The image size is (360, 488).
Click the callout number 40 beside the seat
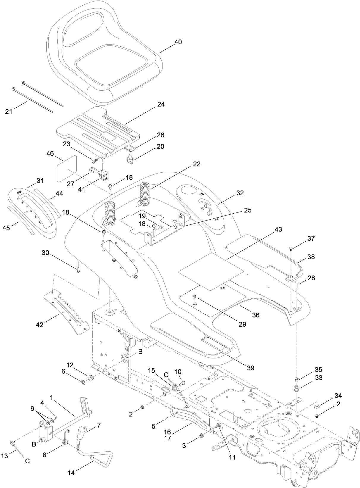(178, 42)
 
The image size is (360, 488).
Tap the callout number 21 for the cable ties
(9, 111)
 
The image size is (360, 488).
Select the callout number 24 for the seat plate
(161, 104)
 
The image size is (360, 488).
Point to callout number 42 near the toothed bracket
(40, 325)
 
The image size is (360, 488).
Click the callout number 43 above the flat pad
(278, 230)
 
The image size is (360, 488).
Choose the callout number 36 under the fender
(255, 315)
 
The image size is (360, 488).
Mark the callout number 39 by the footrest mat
(250, 368)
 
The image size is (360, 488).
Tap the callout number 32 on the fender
(240, 193)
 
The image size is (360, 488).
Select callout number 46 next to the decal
(50, 153)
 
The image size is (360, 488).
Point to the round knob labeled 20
(130, 161)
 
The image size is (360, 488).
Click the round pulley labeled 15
(175, 389)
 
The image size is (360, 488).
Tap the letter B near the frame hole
(140, 352)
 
